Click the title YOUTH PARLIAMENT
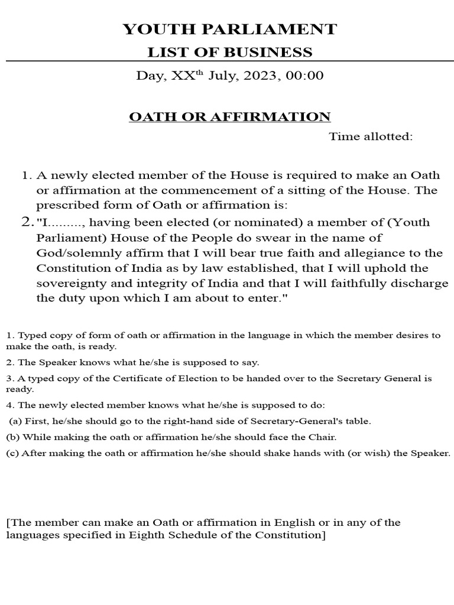[229, 29]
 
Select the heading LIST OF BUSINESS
[229, 52]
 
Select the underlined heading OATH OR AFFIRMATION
[230, 116]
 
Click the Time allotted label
[371, 137]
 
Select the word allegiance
[370, 253]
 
